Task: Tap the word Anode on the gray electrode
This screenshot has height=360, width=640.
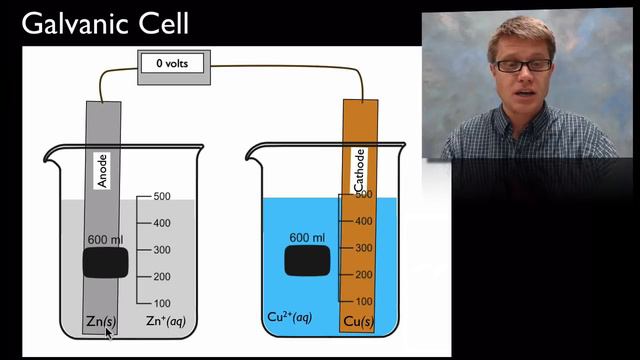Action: click(x=104, y=170)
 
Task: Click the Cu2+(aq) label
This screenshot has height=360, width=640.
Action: click(x=290, y=318)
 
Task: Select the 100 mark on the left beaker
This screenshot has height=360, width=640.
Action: click(x=163, y=303)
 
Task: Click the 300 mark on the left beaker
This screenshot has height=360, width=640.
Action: click(x=163, y=250)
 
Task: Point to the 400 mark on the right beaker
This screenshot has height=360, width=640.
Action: click(x=364, y=222)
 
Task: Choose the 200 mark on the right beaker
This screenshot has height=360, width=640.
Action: click(x=364, y=275)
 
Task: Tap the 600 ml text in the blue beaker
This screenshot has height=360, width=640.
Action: click(x=307, y=238)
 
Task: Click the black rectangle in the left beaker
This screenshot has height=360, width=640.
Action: click(x=105, y=264)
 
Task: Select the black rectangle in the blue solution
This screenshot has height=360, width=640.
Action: click(x=307, y=261)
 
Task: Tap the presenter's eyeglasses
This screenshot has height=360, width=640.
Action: click(x=522, y=65)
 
